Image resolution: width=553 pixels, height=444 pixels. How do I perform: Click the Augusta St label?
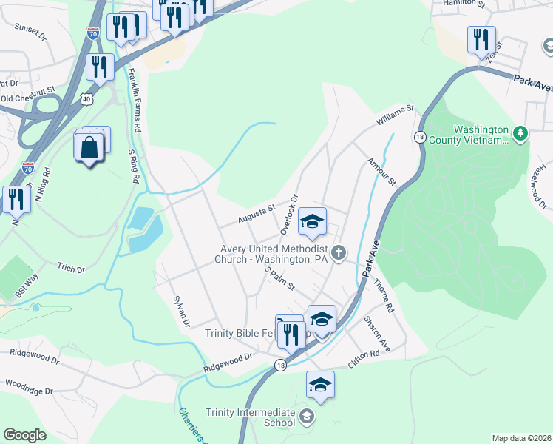tap(257, 214)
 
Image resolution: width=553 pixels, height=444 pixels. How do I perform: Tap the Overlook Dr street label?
tap(289, 211)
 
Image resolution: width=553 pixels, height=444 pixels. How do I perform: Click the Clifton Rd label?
tap(365, 360)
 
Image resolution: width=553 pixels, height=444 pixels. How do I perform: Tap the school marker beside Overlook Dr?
tap(312, 221)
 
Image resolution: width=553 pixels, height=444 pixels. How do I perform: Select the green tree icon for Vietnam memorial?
tap(520, 133)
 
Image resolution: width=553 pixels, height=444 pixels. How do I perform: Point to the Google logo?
tap(25, 435)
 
